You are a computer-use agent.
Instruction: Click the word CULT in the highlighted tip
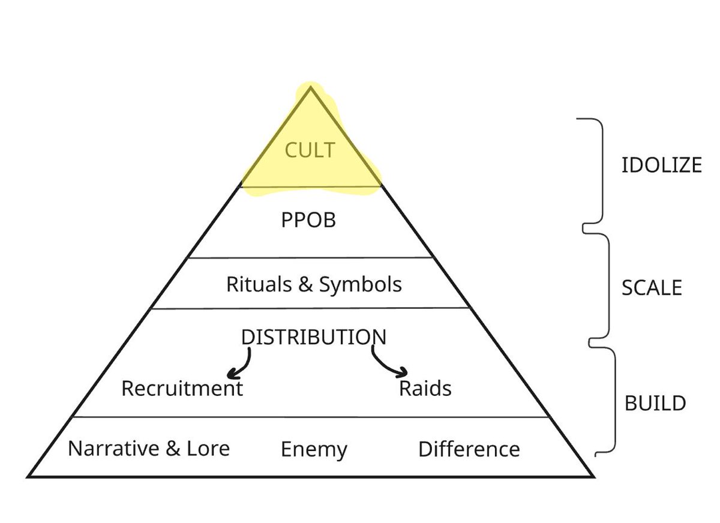(310, 150)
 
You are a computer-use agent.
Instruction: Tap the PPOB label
(308, 220)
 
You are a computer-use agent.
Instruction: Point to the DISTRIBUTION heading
(313, 337)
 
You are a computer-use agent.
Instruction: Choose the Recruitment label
(182, 389)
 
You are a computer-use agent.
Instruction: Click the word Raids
(425, 389)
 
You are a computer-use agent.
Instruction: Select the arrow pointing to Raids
(390, 365)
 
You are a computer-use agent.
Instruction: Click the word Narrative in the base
(114, 449)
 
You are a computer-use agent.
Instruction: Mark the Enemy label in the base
(314, 450)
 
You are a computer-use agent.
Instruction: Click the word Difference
(469, 449)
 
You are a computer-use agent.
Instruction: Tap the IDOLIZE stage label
(661, 165)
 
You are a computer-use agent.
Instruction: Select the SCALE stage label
(652, 288)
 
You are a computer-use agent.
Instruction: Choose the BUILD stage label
(655, 403)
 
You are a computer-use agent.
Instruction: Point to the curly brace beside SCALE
(604, 288)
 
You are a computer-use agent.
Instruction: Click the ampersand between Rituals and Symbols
(305, 284)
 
